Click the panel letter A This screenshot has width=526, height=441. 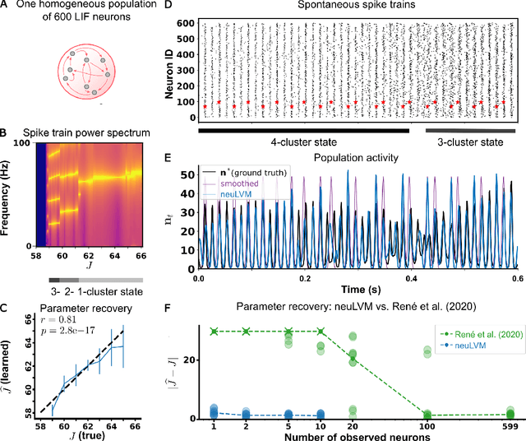click(5, 7)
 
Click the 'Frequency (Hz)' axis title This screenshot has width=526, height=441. click(7, 194)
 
